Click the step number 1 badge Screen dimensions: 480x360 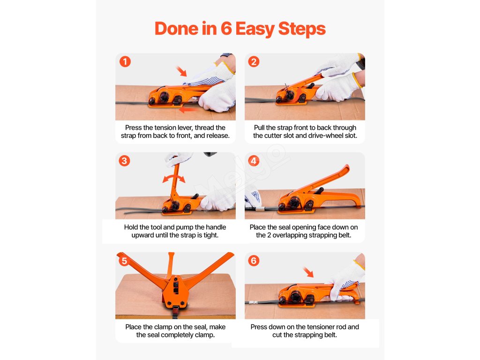click(x=125, y=61)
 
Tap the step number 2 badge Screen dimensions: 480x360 click(x=254, y=61)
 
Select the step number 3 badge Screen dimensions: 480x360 click(x=124, y=161)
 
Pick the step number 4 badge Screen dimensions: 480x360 click(x=254, y=161)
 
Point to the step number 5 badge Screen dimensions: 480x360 click(x=124, y=261)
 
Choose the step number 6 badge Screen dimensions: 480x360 click(x=254, y=261)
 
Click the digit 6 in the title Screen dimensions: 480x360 click(x=226, y=29)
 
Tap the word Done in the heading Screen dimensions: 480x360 click(x=176, y=29)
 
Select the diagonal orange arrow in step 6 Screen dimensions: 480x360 click(x=308, y=272)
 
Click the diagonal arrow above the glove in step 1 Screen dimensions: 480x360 click(x=181, y=71)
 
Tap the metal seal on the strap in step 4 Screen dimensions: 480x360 click(x=260, y=209)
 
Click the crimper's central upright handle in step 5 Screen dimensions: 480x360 click(x=171, y=265)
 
